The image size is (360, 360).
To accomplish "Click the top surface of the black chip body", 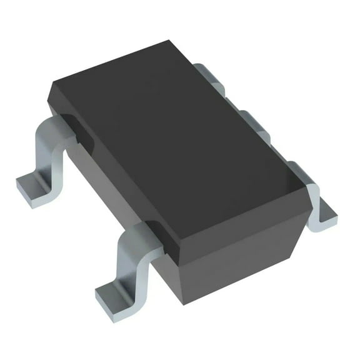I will [x=181, y=131].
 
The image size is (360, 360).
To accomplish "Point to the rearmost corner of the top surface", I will [x=169, y=42].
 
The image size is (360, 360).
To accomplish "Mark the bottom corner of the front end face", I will [x=182, y=302].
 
